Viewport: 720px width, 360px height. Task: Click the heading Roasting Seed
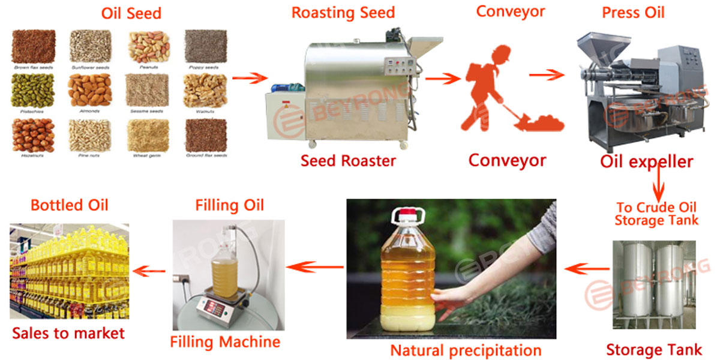tap(343, 13)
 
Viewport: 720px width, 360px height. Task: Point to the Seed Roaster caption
tap(348, 161)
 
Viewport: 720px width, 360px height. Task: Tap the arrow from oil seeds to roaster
tap(249, 78)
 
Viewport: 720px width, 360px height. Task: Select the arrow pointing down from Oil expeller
tap(660, 183)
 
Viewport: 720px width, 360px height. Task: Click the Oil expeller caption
tap(647, 161)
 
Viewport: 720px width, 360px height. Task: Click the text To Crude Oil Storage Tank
tap(657, 214)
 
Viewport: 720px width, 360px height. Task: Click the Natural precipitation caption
tap(466, 350)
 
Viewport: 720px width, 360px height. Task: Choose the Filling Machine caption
tap(225, 342)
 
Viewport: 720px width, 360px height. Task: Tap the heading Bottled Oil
tap(70, 205)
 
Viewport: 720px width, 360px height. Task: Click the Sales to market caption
tap(68, 333)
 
